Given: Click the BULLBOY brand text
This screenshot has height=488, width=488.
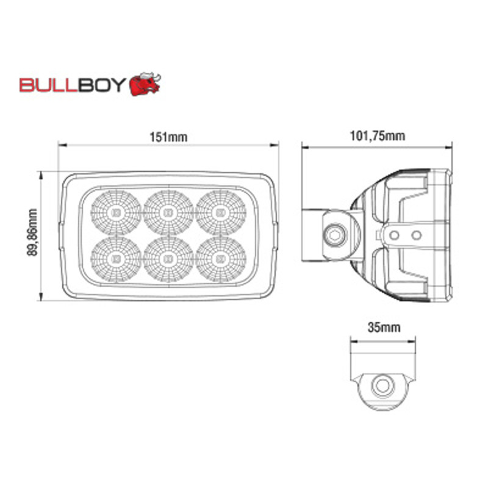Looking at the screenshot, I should click(73, 85).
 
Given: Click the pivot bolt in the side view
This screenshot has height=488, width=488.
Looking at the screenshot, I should click(334, 232).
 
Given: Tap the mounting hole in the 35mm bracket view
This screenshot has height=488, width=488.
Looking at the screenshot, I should click(382, 386).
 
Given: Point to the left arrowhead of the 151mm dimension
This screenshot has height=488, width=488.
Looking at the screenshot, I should click(60, 145).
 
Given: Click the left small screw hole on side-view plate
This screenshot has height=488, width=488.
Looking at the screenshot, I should click(397, 234).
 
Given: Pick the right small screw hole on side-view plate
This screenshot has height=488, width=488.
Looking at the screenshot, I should click(416, 234).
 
